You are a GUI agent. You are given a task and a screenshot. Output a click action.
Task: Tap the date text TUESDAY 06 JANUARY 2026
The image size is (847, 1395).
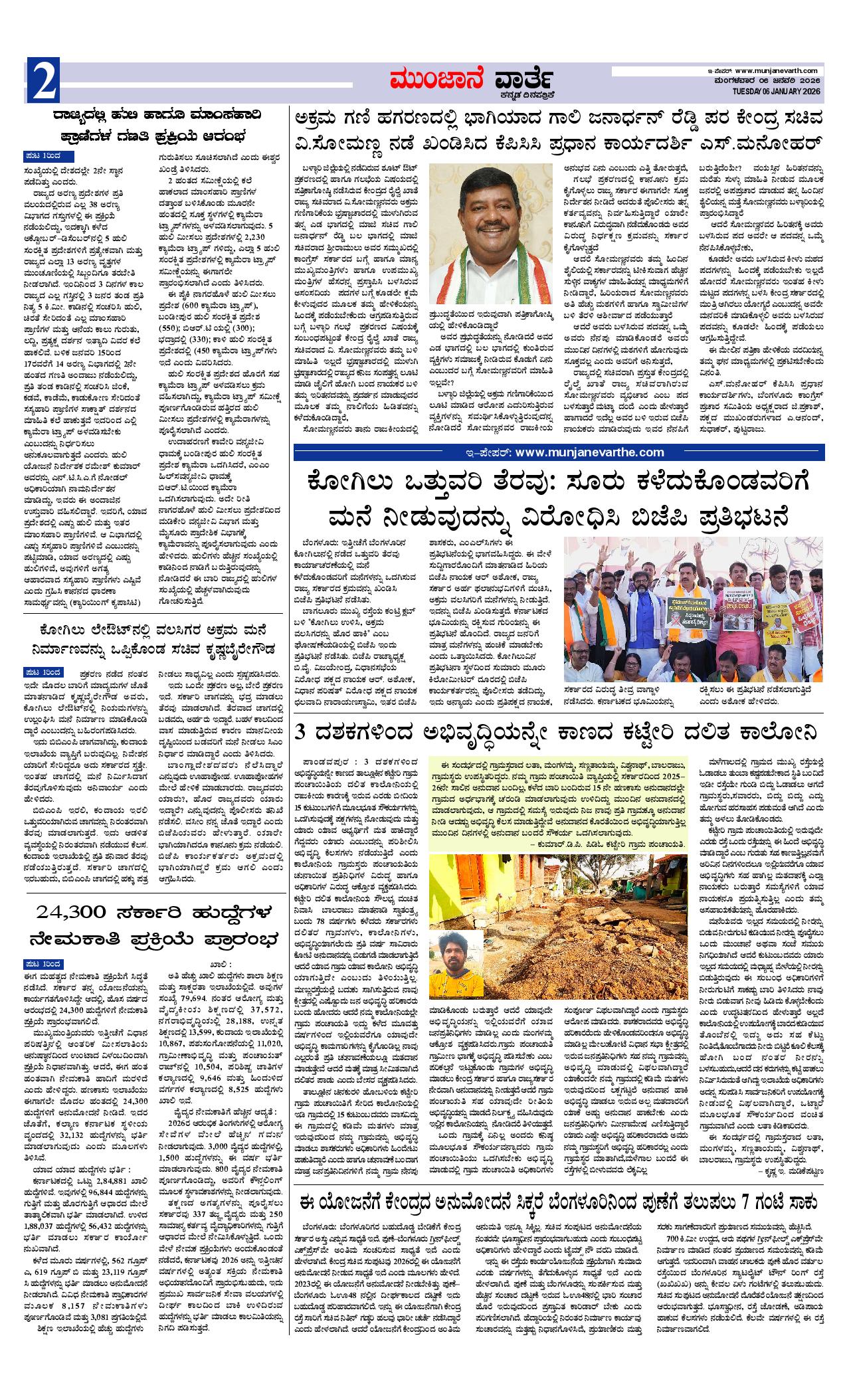[777, 91]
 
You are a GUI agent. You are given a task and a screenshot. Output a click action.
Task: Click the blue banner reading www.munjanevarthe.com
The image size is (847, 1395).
[559, 452]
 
